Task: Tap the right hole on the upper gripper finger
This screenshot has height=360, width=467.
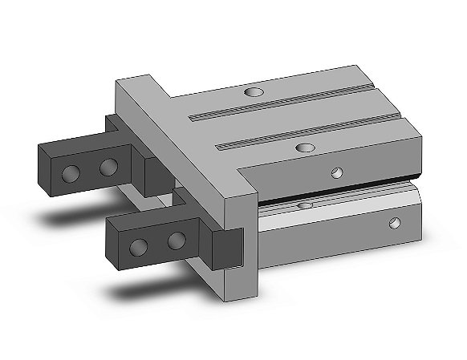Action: coord(108,167)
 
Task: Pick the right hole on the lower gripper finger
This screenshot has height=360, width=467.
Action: coord(175,241)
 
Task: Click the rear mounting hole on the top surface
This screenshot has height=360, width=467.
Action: coord(254,93)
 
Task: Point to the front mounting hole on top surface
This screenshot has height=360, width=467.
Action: coord(304,148)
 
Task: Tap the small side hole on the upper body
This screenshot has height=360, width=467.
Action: coord(338,172)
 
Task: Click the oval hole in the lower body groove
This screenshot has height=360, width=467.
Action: coord(304,206)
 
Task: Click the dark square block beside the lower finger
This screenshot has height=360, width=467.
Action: coord(225,246)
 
